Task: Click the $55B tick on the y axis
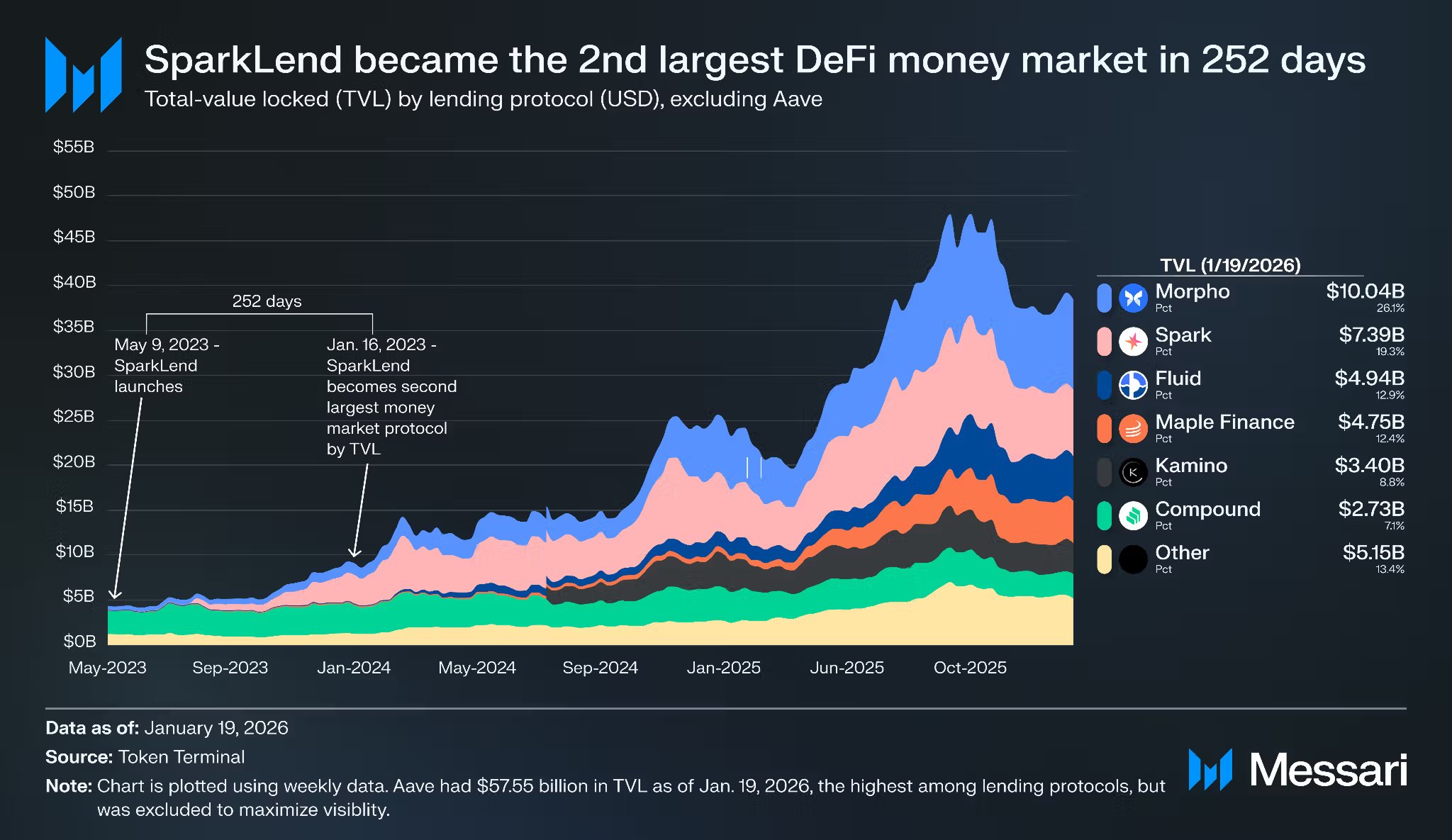click(74, 147)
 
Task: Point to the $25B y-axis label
click(74, 416)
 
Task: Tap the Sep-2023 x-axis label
click(230, 668)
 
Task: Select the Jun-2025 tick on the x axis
click(847, 668)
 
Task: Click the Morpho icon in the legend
click(1133, 298)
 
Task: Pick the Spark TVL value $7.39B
click(1371, 335)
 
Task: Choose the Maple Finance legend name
click(1224, 422)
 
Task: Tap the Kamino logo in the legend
click(1133, 472)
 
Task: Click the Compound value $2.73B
click(1371, 509)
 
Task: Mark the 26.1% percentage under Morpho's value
click(1390, 308)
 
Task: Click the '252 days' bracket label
click(267, 301)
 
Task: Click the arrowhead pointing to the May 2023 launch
click(114, 594)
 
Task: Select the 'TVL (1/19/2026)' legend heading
click(1230, 265)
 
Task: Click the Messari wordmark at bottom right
click(1328, 771)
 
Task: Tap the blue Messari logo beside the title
click(84, 75)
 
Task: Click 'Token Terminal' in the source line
click(181, 757)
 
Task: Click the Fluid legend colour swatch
click(1104, 385)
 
